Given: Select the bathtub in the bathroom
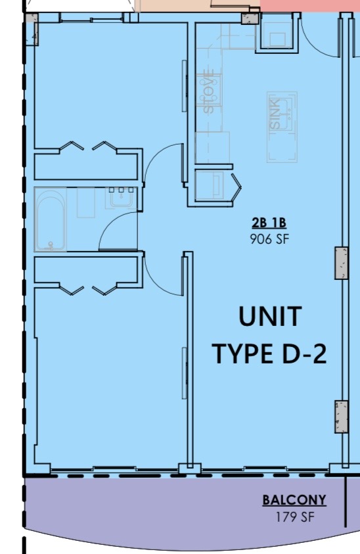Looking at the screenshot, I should (x=51, y=220).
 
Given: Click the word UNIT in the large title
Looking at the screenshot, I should (x=269, y=317).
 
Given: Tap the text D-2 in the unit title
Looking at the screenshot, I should (x=299, y=354).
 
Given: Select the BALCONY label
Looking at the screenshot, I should (x=294, y=501).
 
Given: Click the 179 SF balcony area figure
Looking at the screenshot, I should (x=294, y=517).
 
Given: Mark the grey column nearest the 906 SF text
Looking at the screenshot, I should (x=341, y=264).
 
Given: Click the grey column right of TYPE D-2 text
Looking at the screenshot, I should (x=341, y=417).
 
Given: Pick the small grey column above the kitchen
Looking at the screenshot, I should (x=250, y=18).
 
